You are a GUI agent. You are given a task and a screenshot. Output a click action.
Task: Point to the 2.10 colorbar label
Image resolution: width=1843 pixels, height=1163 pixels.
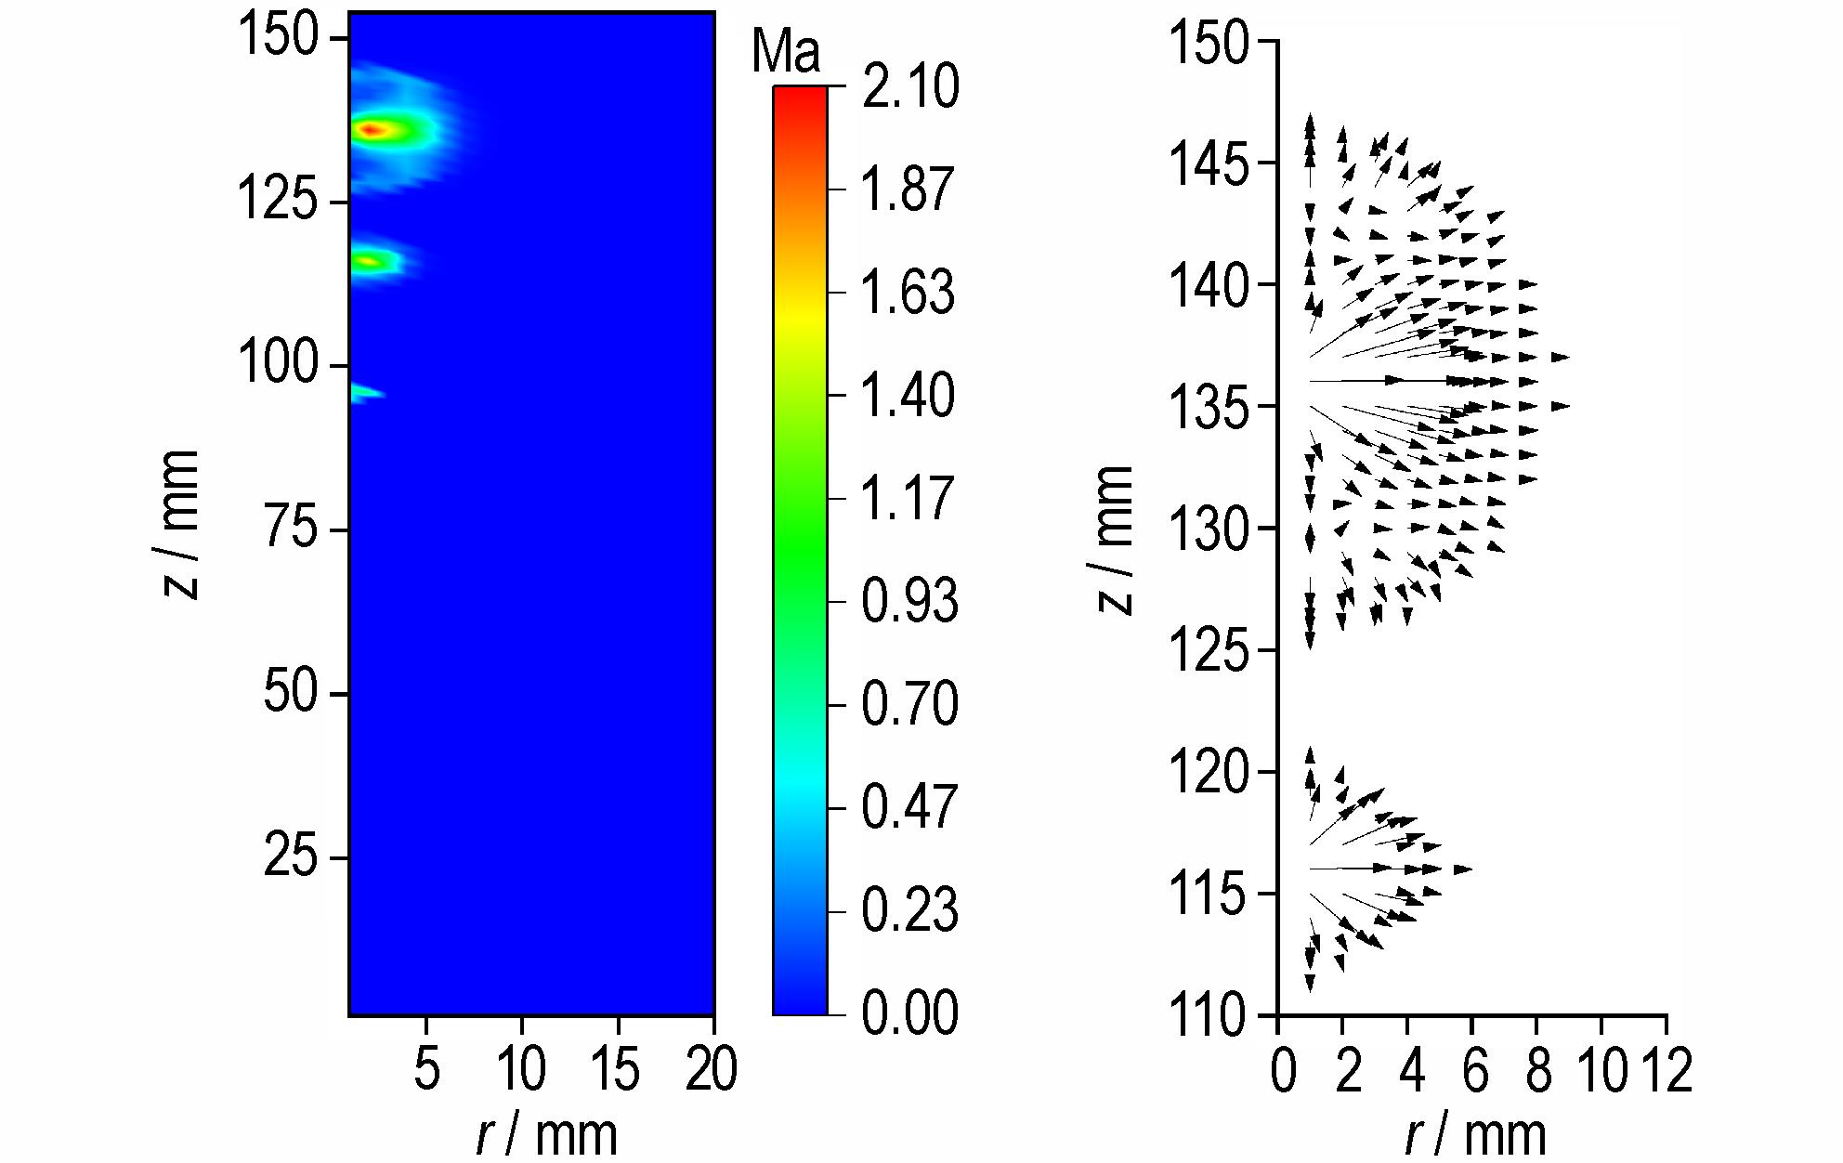click(x=909, y=87)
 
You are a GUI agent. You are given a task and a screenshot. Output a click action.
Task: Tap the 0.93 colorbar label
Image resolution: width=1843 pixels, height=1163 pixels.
click(x=909, y=601)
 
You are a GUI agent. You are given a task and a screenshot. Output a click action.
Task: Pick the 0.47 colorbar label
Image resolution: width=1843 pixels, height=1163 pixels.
click(x=909, y=806)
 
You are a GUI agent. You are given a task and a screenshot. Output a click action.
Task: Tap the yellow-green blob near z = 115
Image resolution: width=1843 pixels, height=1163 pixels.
click(x=372, y=262)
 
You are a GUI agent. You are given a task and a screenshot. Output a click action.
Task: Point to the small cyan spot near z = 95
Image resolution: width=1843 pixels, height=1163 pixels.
click(x=364, y=393)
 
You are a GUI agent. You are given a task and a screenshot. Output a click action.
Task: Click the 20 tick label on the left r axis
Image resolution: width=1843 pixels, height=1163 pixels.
click(x=712, y=1070)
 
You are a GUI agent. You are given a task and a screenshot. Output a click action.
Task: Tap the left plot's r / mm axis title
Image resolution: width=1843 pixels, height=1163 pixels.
click(x=546, y=1134)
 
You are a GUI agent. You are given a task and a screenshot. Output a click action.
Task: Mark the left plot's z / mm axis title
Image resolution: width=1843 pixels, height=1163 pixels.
click(x=180, y=525)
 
